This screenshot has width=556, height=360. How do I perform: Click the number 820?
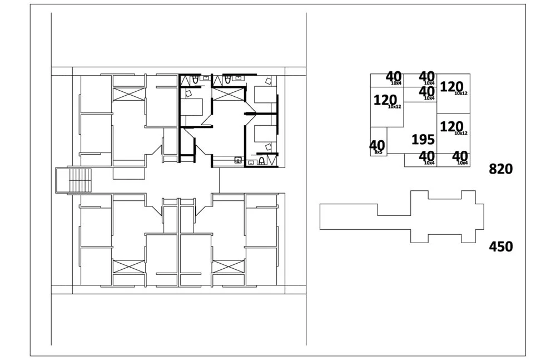(x=500, y=169)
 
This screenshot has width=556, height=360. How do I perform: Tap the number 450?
(x=500, y=246)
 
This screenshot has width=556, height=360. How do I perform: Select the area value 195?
(x=423, y=140)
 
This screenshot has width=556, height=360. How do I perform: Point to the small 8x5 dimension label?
(x=379, y=152)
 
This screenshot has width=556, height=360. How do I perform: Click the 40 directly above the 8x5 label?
(x=377, y=145)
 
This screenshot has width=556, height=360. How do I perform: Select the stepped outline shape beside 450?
(x=401, y=216)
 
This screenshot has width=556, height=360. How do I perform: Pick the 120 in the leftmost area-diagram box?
(x=385, y=101)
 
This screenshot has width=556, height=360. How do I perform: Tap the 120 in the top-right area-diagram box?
(x=451, y=87)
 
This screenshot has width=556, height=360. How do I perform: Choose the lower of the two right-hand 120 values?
(x=451, y=127)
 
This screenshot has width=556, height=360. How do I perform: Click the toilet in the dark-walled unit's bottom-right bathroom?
(x=261, y=161)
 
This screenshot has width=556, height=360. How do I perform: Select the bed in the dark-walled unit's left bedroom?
(x=193, y=106)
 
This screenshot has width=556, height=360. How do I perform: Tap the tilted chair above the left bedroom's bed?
(x=196, y=81)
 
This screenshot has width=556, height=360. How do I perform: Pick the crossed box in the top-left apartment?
(x=128, y=94)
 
